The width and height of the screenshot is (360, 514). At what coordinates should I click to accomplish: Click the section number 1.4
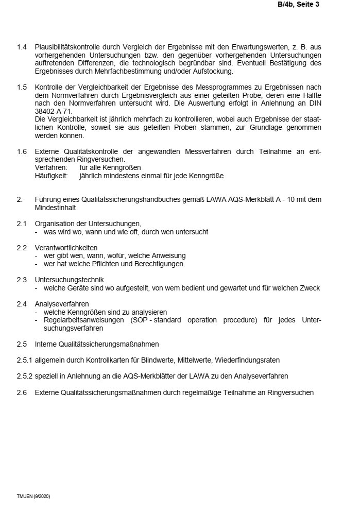pyautogui.click(x=22, y=47)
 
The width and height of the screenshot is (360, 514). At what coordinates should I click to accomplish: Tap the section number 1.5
pyautogui.click(x=22, y=88)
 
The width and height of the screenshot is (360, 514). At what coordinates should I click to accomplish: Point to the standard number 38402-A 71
pyautogui.click(x=54, y=111)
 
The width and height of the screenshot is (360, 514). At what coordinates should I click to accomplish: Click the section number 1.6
pyautogui.click(x=22, y=152)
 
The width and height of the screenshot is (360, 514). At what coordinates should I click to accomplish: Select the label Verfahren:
pyautogui.click(x=51, y=168)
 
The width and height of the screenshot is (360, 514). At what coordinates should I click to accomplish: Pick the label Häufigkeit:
pyautogui.click(x=52, y=176)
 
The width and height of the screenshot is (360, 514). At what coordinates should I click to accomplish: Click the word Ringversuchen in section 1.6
pyautogui.click(x=100, y=160)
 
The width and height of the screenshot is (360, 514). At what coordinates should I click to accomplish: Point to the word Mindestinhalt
pyautogui.click(x=55, y=208)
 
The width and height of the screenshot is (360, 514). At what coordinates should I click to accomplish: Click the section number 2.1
pyautogui.click(x=22, y=224)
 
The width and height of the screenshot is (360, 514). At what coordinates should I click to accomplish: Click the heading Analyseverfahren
pyautogui.click(x=61, y=304)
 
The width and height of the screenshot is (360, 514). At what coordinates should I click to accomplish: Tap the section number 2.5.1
pyautogui.click(x=24, y=359)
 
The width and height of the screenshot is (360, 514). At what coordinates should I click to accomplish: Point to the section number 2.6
pyautogui.click(x=22, y=392)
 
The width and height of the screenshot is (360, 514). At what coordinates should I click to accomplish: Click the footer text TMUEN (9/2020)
pyautogui.click(x=33, y=496)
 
